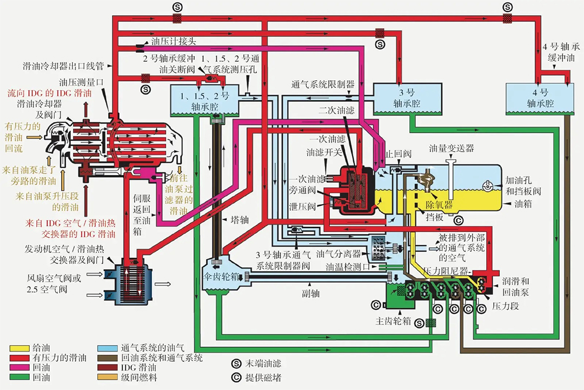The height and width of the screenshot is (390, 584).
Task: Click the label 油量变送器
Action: (452, 147)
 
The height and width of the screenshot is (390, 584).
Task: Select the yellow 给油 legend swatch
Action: (19, 348)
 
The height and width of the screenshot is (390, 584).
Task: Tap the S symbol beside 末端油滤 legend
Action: (236, 364)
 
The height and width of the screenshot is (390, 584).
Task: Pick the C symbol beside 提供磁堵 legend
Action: (236, 378)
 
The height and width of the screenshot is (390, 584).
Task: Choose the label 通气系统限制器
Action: (322, 84)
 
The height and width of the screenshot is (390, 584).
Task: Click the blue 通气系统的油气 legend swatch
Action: (107, 348)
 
